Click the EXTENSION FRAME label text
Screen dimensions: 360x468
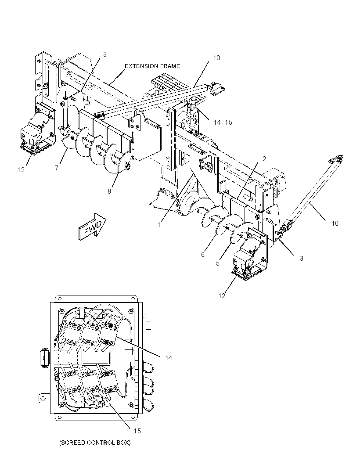click(152, 66)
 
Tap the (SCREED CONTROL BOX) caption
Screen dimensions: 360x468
click(95, 443)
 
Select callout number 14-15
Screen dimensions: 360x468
click(223, 122)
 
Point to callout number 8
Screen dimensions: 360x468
click(109, 191)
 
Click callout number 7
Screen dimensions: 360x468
click(57, 168)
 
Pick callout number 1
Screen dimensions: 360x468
click(159, 224)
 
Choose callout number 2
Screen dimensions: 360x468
click(264, 159)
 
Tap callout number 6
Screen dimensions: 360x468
click(203, 255)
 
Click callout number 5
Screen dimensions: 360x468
click(218, 263)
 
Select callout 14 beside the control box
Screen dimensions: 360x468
click(169, 358)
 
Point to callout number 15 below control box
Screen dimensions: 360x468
click(137, 431)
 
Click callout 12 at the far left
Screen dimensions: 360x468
click(21, 169)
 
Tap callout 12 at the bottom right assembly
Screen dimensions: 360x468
click(222, 296)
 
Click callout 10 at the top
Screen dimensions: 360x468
click(216, 58)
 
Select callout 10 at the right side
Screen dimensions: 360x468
click(335, 223)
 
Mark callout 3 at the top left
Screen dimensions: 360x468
click(105, 54)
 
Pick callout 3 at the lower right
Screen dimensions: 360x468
click(302, 259)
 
